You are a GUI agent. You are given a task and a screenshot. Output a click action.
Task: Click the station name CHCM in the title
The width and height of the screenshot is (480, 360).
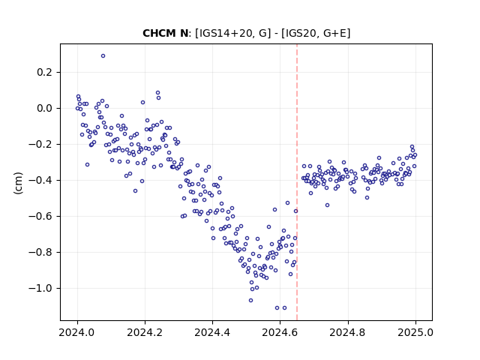click(158, 33)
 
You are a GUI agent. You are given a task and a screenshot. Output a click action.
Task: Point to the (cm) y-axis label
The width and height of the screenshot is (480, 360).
click(18, 183)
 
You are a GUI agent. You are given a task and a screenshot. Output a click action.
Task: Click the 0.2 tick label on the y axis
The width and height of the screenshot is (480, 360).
click(44, 72)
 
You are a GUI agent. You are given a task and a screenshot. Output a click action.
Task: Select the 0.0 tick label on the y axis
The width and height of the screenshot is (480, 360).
click(44, 108)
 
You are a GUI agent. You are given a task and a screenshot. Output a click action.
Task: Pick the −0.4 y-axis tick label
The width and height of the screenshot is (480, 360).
click(40, 180)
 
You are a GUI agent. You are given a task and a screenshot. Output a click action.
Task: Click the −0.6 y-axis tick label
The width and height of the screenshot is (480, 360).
click(40, 216)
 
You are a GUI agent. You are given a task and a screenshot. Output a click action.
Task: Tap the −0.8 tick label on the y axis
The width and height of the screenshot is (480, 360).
click(40, 252)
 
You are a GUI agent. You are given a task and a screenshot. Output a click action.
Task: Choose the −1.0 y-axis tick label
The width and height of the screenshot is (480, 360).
click(40, 288)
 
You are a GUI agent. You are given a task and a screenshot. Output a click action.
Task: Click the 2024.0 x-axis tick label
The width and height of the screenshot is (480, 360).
click(77, 332)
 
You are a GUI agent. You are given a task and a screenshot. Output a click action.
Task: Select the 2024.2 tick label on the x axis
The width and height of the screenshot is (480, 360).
click(145, 332)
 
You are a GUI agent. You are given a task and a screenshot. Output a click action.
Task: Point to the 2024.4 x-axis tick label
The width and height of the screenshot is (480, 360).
click(212, 332)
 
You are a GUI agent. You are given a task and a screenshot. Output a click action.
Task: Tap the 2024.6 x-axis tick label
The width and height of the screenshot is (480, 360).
click(280, 332)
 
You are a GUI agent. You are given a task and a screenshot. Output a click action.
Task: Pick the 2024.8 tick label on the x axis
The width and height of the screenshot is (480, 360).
click(348, 332)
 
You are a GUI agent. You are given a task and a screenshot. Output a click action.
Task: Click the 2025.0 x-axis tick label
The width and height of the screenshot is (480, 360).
click(415, 332)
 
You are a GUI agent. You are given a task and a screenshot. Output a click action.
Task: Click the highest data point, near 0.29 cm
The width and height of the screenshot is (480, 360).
click(103, 56)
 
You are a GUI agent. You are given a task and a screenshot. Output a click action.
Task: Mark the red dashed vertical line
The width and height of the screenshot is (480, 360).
click(297, 182)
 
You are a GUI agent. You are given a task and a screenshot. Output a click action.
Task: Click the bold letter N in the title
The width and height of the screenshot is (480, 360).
click(184, 33)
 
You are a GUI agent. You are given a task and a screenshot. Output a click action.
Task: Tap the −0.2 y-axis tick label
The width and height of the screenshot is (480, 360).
click(40, 144)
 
